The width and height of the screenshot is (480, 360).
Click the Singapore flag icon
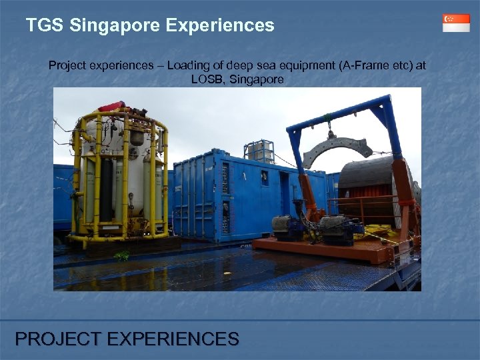456,23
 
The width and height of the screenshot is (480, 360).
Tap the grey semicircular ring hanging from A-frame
337,147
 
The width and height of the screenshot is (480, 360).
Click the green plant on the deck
122,255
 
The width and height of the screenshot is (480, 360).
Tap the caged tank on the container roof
260,151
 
